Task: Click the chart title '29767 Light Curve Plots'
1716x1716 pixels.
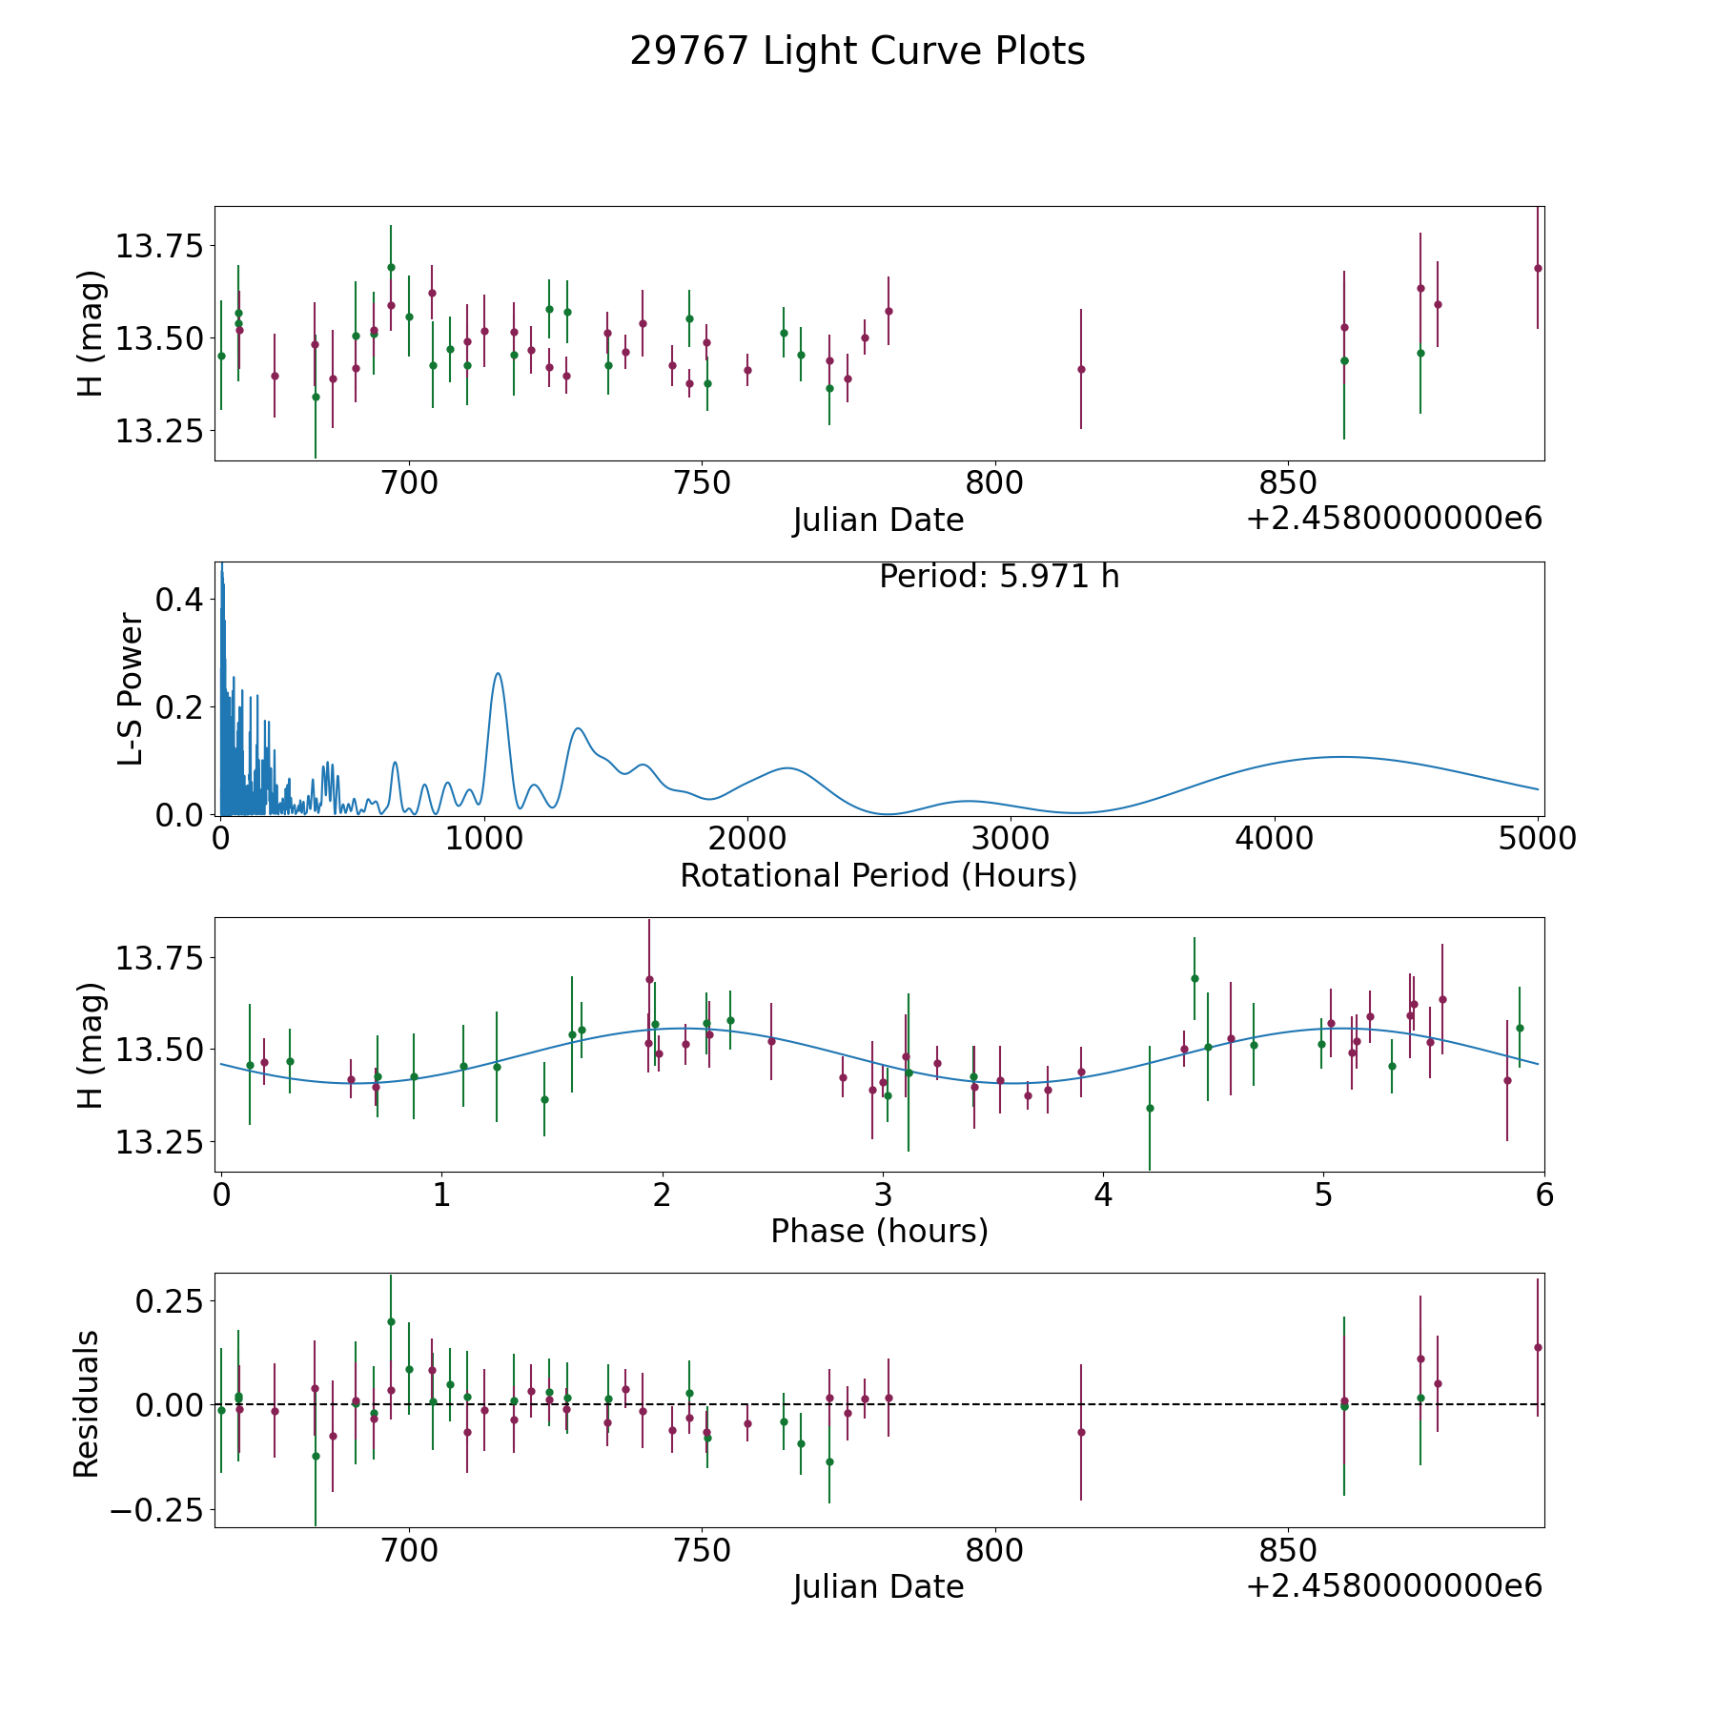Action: point(857,51)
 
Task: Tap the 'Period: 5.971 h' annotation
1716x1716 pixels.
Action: point(999,577)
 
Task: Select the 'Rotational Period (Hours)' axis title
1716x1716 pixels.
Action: point(878,875)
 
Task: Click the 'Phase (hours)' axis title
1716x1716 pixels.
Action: point(879,1231)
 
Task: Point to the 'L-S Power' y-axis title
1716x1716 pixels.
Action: point(131,688)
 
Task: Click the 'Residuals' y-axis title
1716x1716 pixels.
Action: point(86,1404)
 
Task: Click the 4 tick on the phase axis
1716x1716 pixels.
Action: point(1103,1195)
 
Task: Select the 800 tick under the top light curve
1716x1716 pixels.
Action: point(994,483)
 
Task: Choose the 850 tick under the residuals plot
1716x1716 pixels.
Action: point(1287,1550)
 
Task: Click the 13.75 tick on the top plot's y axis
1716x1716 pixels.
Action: point(159,247)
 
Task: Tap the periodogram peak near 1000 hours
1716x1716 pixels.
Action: point(498,673)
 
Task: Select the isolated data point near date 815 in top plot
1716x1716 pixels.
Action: point(1081,369)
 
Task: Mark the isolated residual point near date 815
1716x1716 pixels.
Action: point(1081,1432)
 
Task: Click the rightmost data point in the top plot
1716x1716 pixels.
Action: point(1538,268)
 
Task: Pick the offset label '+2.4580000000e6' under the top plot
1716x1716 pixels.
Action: point(1395,519)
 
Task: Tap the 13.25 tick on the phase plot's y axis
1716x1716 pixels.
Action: point(159,1142)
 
